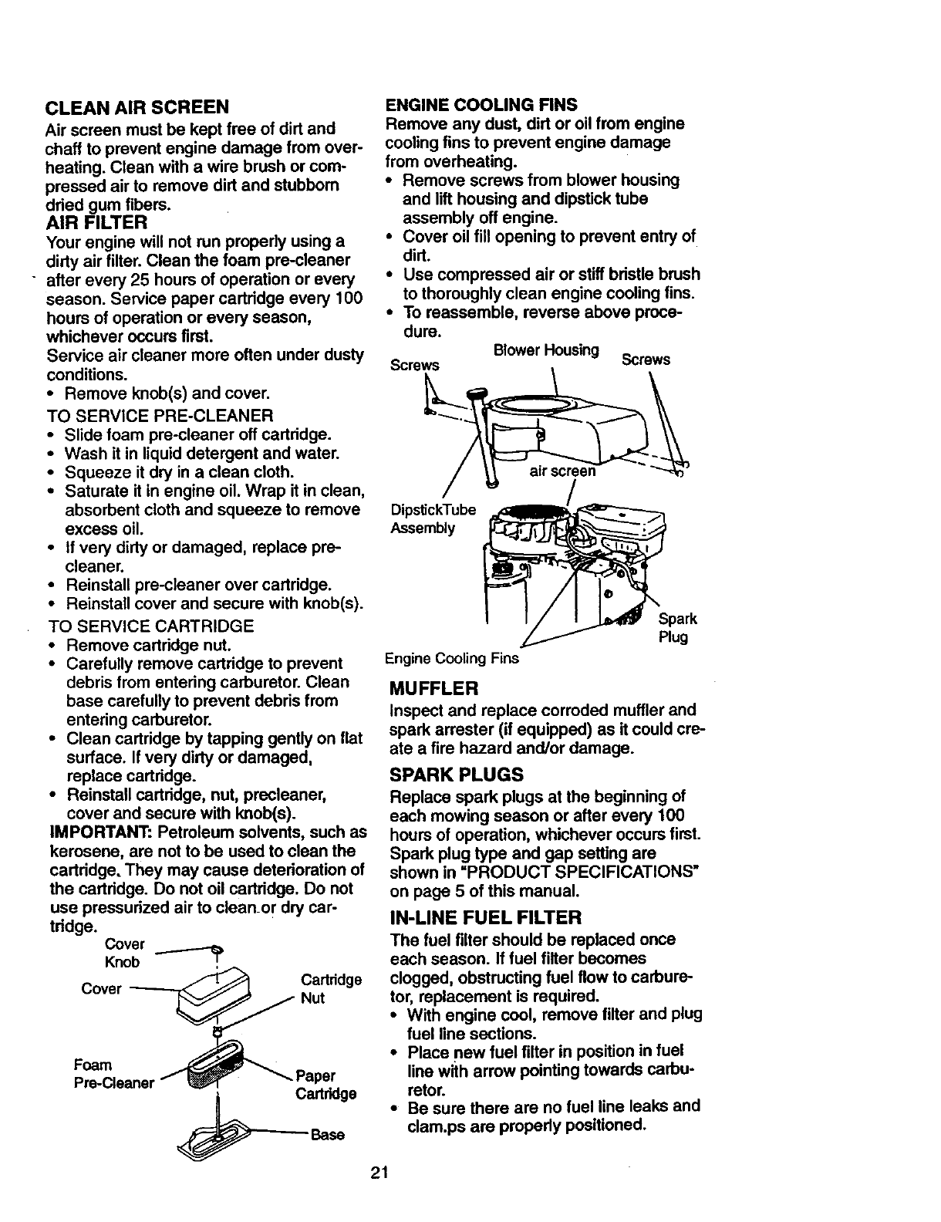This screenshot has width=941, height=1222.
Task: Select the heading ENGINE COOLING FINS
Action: click(481, 104)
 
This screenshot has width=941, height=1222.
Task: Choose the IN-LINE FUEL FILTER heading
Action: click(486, 917)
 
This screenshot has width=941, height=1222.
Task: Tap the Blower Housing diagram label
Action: click(546, 350)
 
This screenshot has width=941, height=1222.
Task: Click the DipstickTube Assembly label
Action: click(433, 518)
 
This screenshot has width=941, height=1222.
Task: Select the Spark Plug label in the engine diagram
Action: click(677, 628)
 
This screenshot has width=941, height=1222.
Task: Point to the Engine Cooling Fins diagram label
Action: click(451, 659)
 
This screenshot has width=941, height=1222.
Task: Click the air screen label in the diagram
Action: click(562, 471)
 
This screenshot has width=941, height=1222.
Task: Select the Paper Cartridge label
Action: click(325, 1085)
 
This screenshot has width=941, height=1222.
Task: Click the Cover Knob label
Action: click(124, 953)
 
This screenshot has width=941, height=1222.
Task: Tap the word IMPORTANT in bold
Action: click(98, 832)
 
